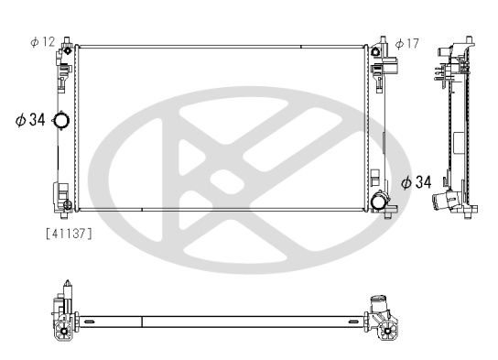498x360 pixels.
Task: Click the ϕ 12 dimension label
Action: (x=43, y=42)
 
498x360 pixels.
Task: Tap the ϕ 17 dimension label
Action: (x=407, y=43)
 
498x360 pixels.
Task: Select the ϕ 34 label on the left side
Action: (x=30, y=120)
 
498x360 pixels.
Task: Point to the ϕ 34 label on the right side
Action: (x=416, y=183)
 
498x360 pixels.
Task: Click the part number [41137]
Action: (x=69, y=233)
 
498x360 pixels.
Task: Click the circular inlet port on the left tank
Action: (x=60, y=121)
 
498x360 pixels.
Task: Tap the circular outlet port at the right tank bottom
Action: (x=377, y=202)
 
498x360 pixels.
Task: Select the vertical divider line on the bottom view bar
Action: (x=144, y=322)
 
